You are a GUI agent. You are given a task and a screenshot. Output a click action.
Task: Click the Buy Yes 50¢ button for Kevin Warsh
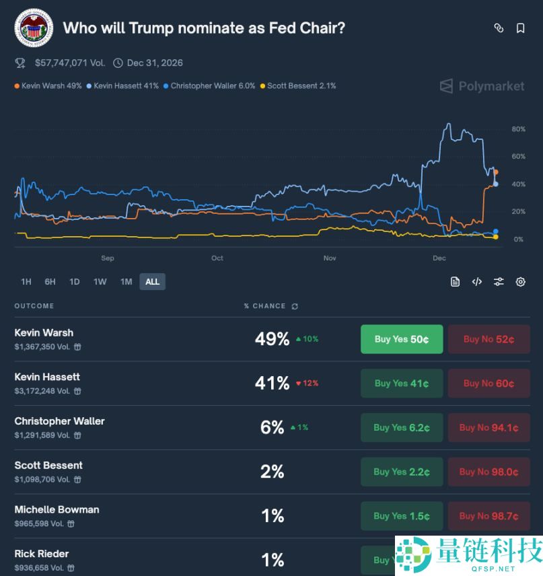tap(402, 339)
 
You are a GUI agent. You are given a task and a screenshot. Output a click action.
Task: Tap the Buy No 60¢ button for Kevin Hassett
tap(488, 384)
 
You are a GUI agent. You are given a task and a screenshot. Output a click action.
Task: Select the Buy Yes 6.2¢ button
tap(402, 428)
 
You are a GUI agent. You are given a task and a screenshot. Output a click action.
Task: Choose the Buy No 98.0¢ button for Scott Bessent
tap(488, 472)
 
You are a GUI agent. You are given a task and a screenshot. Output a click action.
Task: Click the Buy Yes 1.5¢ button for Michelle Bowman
tap(402, 516)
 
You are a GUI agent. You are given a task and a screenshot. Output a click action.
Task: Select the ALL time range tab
tap(152, 281)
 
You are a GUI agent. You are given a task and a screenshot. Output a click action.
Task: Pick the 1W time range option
tap(100, 281)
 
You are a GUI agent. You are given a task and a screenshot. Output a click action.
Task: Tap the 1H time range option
tap(26, 281)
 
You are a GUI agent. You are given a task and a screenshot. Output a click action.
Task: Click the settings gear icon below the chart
tap(520, 282)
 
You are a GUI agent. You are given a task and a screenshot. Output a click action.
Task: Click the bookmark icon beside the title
tap(520, 28)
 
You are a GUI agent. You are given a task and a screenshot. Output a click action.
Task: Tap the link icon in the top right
tap(499, 28)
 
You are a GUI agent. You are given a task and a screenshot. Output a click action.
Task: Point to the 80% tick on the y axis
tap(518, 129)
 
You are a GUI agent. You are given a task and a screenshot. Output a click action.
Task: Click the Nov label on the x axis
tap(330, 258)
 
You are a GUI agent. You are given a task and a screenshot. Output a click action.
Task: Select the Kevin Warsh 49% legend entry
tap(48, 86)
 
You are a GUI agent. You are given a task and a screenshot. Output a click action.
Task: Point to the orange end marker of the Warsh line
tap(496, 172)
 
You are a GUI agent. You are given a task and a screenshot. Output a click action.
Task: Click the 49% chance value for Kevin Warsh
tap(272, 339)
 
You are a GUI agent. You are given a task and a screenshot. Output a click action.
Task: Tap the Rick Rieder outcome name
tap(42, 554)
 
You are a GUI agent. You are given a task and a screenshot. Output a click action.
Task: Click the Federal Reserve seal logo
tap(34, 28)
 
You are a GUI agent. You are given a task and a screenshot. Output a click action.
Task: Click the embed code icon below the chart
tap(476, 282)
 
